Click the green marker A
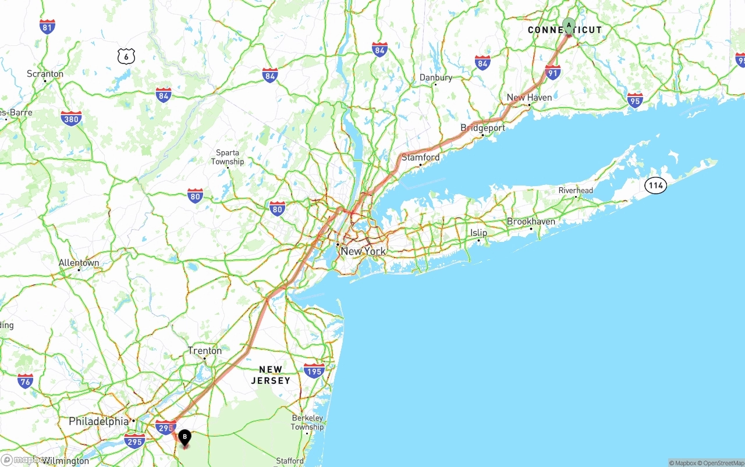[x=569, y=26]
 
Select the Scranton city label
[x=45, y=74]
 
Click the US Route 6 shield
[x=126, y=56]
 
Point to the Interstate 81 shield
[x=48, y=26]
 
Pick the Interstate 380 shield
[x=71, y=119]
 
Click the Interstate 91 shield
[x=553, y=73]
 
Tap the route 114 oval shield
[x=655, y=186]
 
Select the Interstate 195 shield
[x=314, y=370]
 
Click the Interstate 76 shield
[x=25, y=381]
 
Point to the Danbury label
[x=436, y=77]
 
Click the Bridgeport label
[x=483, y=128]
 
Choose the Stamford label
[x=421, y=158]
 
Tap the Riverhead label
[x=576, y=190]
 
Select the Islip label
[x=478, y=233]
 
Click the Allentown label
[x=79, y=263]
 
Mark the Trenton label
[x=204, y=351]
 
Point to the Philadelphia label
[x=99, y=421]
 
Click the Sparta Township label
[x=228, y=157]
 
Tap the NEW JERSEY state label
[x=271, y=375]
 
